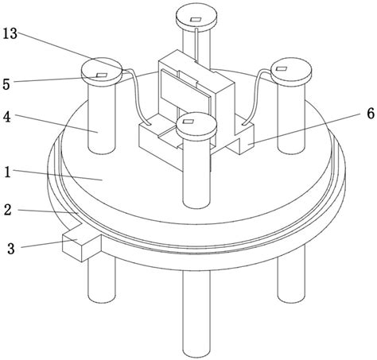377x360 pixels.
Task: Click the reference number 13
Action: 12,34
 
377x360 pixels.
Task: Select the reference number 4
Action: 7,117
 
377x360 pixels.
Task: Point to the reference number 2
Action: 6,211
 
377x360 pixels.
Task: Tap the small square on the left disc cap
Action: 101,75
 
